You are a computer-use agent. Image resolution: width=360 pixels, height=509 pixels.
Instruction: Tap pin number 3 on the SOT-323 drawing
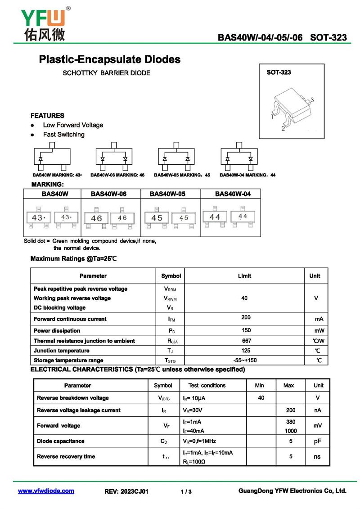coord(311,100)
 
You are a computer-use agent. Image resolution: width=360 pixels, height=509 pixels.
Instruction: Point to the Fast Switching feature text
coord(63,135)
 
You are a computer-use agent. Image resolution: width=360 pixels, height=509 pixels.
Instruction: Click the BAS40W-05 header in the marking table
coord(167,194)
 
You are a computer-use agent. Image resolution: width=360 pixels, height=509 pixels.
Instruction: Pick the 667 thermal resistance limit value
coord(246,341)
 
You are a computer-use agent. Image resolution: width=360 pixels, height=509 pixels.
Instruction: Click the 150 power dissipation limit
coord(246,330)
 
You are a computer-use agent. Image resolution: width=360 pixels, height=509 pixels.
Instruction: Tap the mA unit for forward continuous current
coord(319,319)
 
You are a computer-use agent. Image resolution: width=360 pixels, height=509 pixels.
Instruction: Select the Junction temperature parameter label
coord(62,351)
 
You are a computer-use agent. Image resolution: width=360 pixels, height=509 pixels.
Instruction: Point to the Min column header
coord(259,385)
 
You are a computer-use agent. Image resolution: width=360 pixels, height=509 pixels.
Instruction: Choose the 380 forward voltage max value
coord(291,422)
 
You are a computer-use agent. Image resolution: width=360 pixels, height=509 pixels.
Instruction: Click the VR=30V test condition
coord(193,410)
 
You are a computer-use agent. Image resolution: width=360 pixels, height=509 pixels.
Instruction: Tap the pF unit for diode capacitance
coord(318,441)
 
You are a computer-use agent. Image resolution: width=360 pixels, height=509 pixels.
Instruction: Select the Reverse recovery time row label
coord(66,456)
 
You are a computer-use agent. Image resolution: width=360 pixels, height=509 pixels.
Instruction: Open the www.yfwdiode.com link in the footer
coord(46,491)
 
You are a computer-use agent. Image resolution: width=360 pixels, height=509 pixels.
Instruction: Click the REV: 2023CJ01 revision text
coord(126,491)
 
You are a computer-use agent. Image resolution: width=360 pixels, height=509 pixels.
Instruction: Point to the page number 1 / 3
coord(186,491)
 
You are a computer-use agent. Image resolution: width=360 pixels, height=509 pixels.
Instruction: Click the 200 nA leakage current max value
coord(291,410)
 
